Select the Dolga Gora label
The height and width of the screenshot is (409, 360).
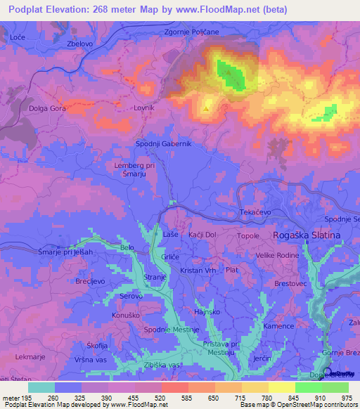coord(48,109)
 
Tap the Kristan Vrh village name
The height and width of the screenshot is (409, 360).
coord(198,271)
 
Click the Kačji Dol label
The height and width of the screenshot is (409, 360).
coord(202,235)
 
